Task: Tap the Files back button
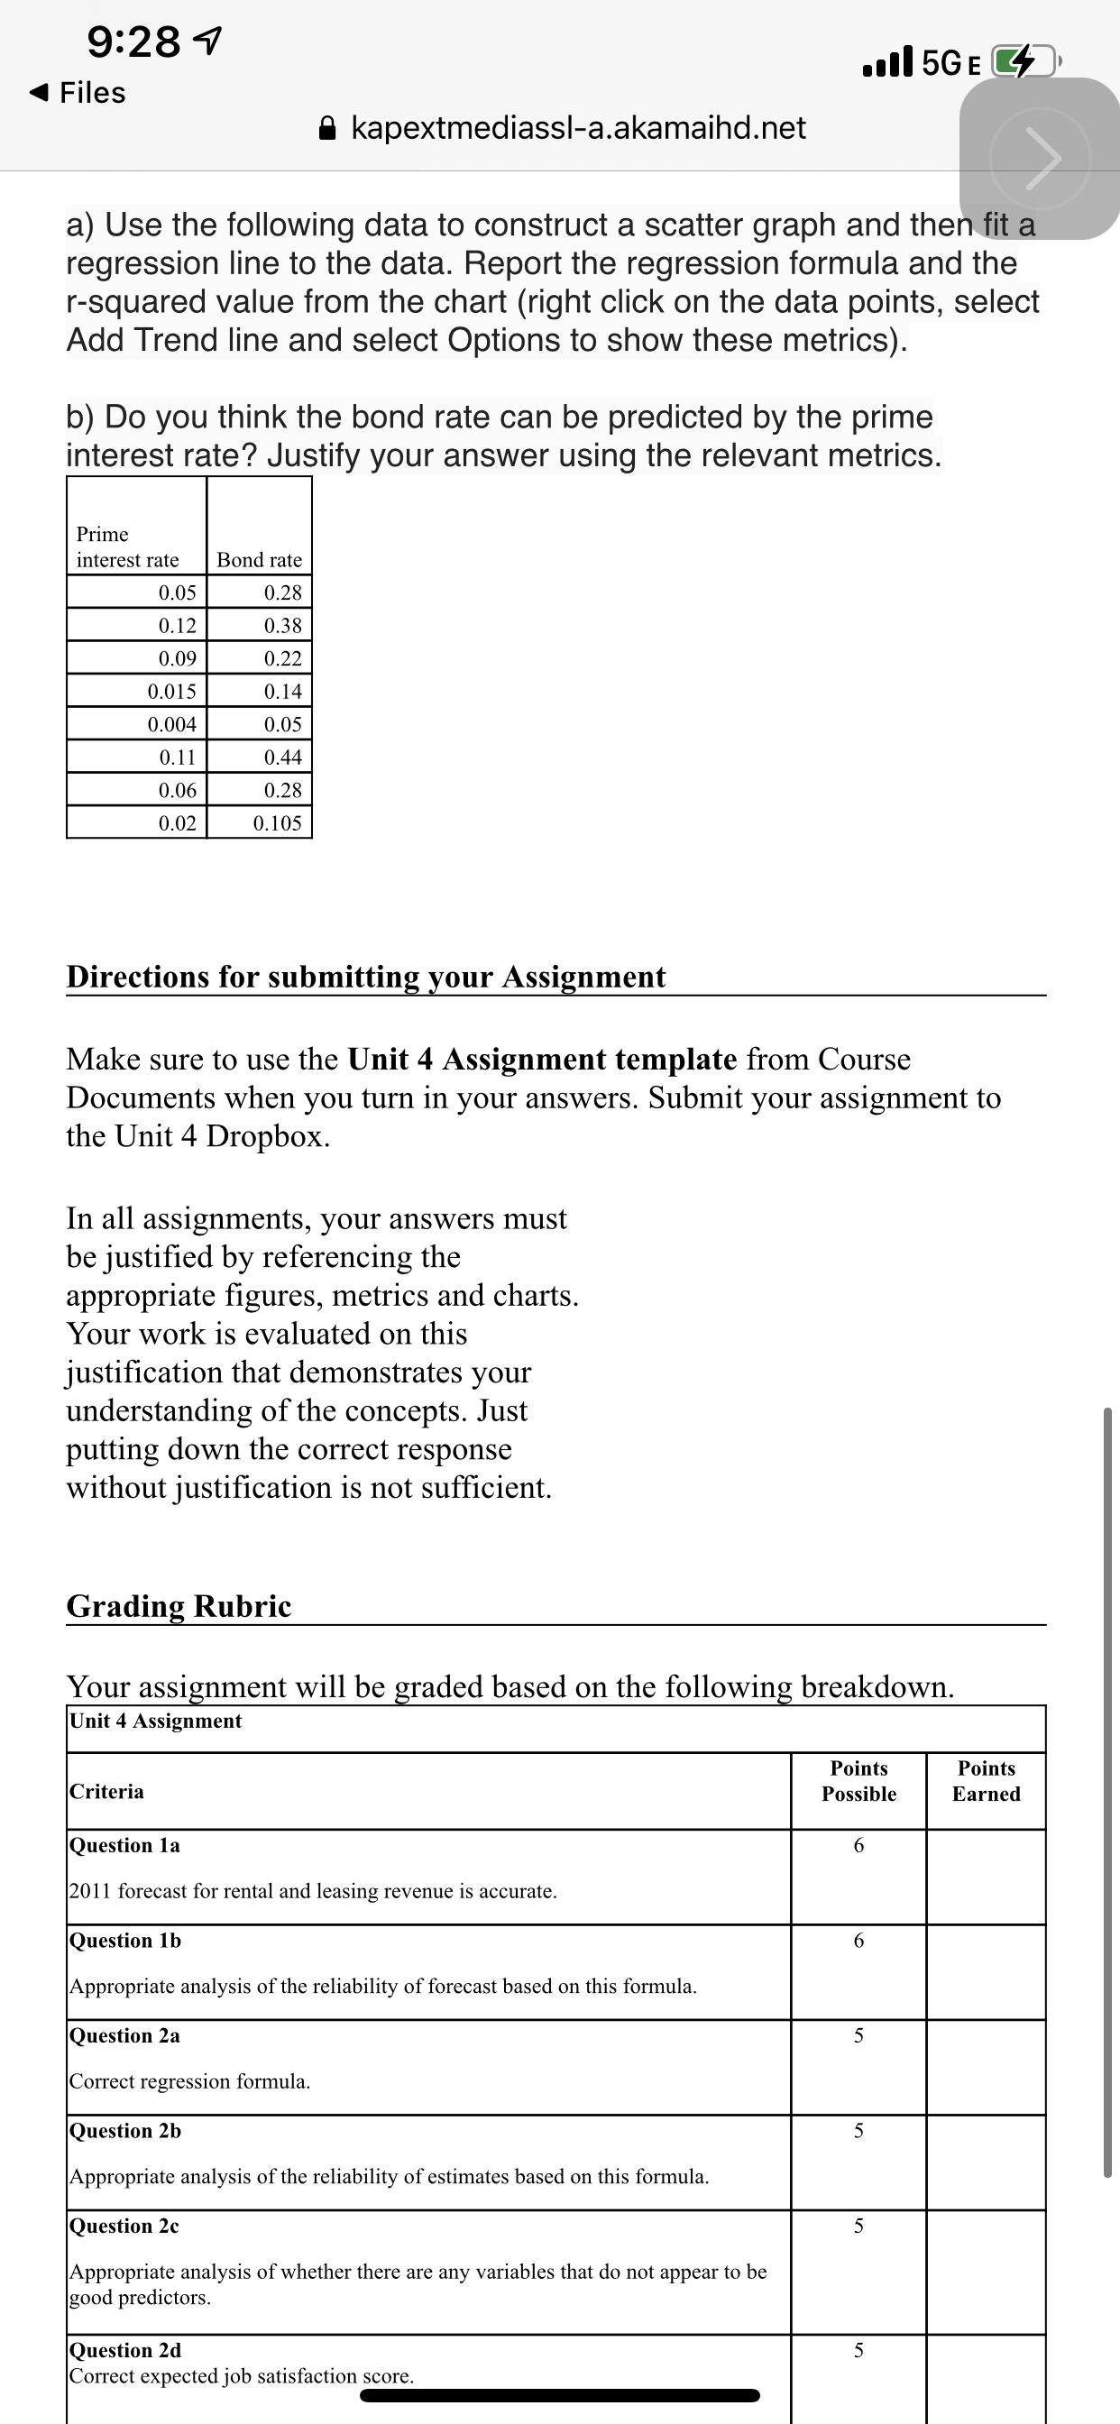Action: tap(79, 92)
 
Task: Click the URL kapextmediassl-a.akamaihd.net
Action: tap(578, 127)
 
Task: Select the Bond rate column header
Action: tap(259, 560)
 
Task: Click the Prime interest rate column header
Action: tap(127, 546)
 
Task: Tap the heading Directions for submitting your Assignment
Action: tap(365, 977)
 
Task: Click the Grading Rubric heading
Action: tap(179, 1605)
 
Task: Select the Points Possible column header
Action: tap(858, 1780)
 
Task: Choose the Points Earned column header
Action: tap(986, 1780)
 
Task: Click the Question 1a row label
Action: tap(124, 1844)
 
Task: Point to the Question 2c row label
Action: tap(124, 2226)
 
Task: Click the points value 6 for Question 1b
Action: tap(858, 1941)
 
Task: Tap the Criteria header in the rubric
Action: tap(106, 1791)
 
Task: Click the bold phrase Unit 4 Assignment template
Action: tap(542, 1060)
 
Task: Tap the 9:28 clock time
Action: tap(133, 41)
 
